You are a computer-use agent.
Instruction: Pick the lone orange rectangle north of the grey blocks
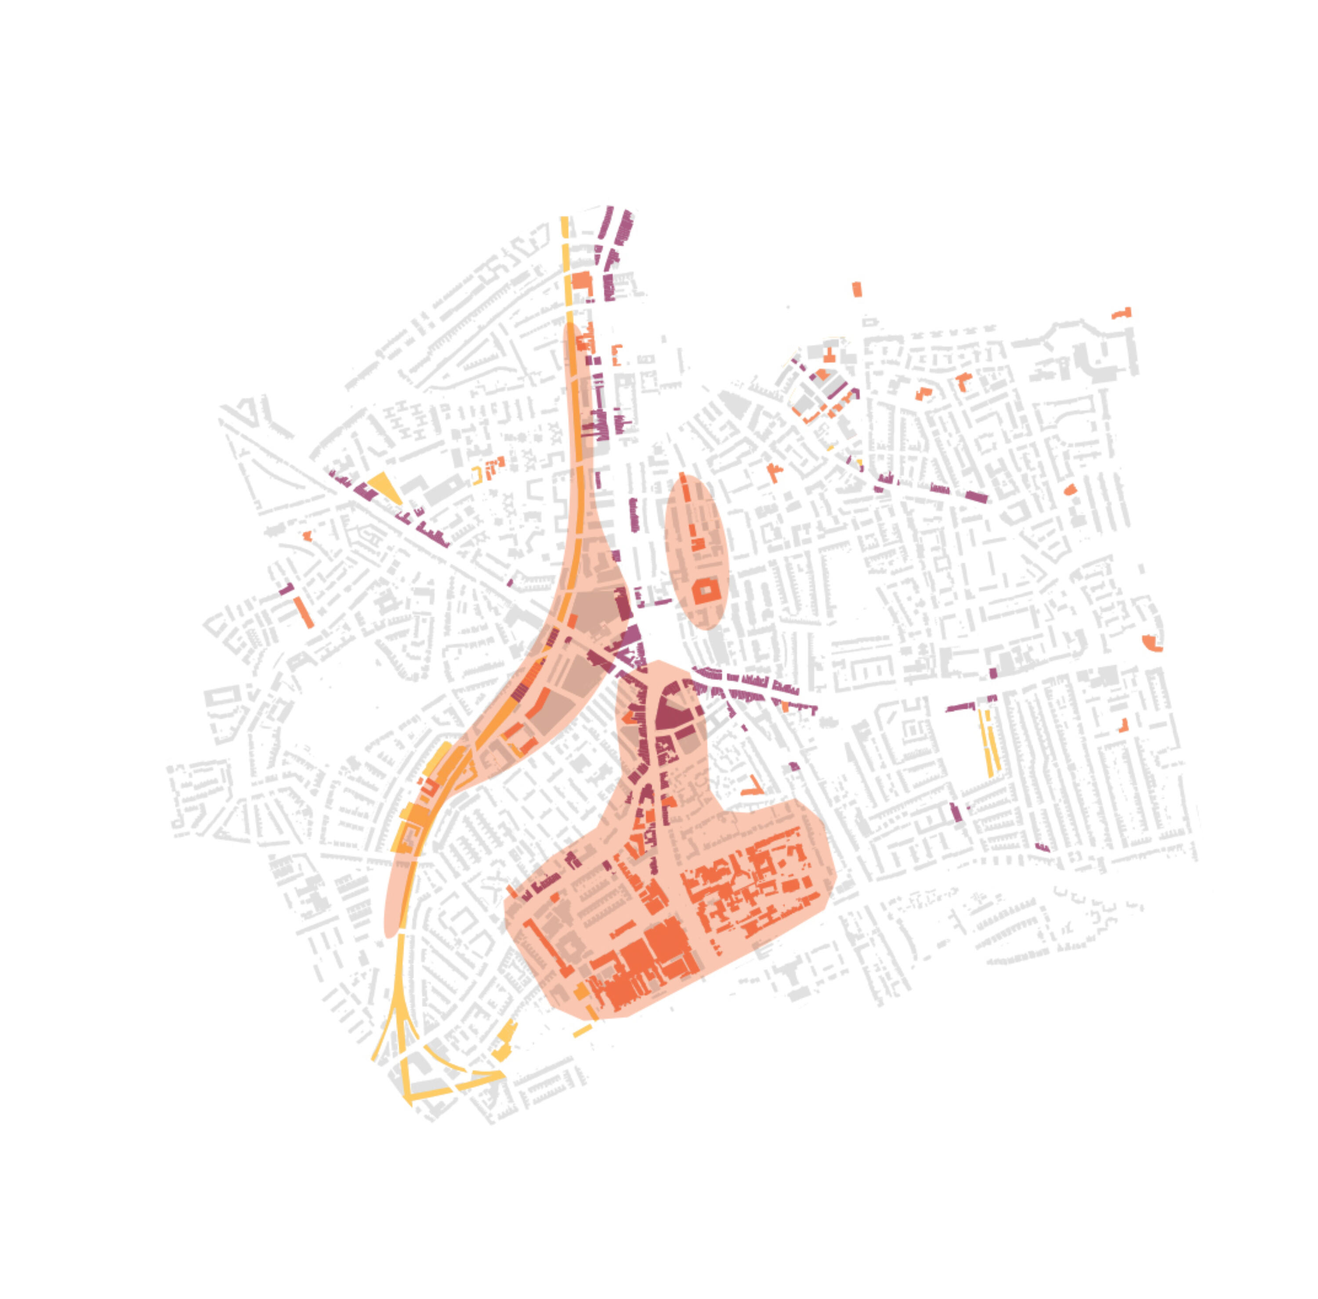pos(857,289)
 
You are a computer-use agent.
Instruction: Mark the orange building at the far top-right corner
pos(1122,314)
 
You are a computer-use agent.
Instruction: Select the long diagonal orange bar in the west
pos(304,612)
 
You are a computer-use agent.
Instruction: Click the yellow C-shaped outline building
pos(477,475)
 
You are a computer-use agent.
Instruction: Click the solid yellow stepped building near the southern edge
pos(503,1043)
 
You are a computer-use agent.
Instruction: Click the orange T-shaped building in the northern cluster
pos(829,355)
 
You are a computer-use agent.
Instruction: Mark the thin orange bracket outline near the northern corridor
pos(616,355)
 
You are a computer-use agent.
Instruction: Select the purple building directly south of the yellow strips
pos(956,812)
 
